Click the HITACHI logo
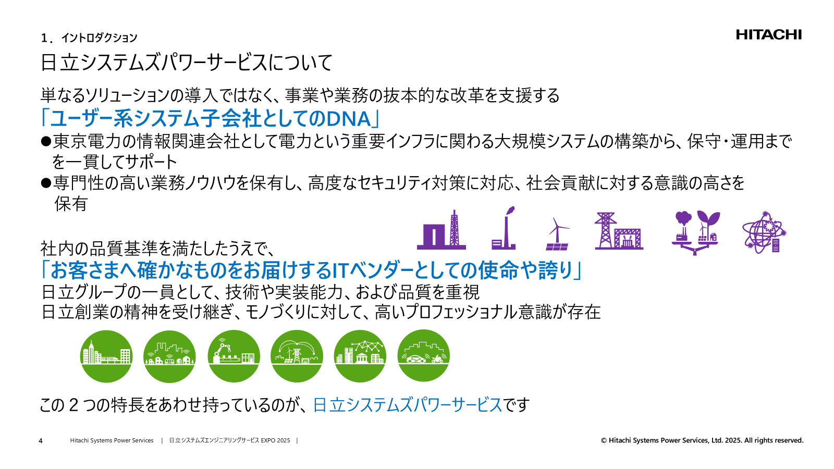pyautogui.click(x=769, y=35)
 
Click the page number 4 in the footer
pyautogui.click(x=41, y=441)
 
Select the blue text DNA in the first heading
pyautogui.click(x=348, y=119)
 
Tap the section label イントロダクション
pyautogui.click(x=99, y=38)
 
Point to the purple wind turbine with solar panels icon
pyautogui.click(x=557, y=234)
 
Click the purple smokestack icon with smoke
pyautogui.click(x=504, y=229)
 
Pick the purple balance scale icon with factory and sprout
pyautogui.click(x=695, y=232)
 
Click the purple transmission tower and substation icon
pyautogui.click(x=619, y=231)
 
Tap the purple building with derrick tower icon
pyautogui.click(x=441, y=230)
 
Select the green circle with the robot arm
pyautogui.click(x=234, y=356)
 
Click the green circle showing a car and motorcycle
pyautogui.click(x=423, y=356)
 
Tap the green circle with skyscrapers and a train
pyautogui.click(x=106, y=356)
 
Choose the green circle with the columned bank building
pyautogui.click(x=360, y=356)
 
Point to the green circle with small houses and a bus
pyautogui.click(x=169, y=356)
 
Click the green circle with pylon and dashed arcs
pyautogui.click(x=297, y=356)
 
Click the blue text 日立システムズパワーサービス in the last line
pyautogui.click(x=407, y=405)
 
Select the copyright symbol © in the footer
pyautogui.click(x=604, y=441)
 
